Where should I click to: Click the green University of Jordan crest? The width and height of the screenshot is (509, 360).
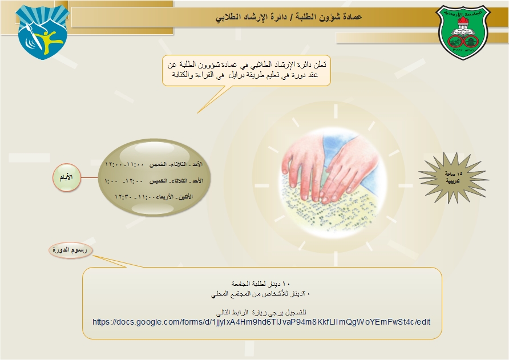(x=465, y=37)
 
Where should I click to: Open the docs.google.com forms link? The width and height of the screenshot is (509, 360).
(x=261, y=322)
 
